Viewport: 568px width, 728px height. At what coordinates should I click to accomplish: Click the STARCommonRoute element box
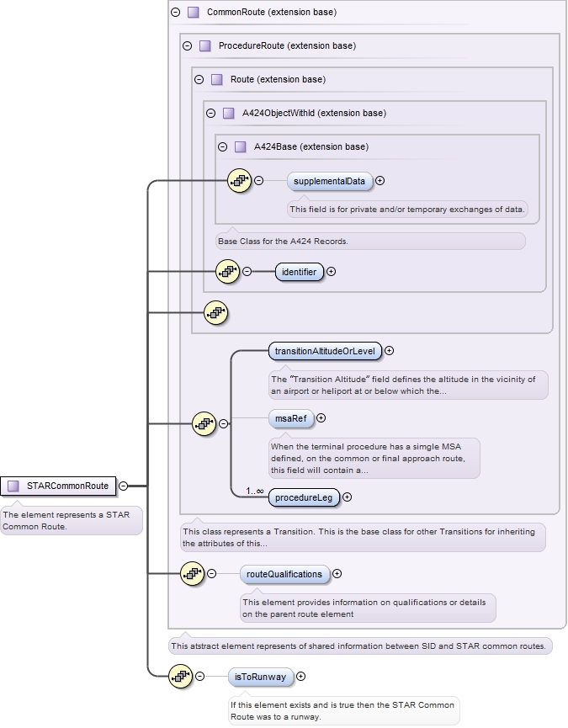(x=59, y=486)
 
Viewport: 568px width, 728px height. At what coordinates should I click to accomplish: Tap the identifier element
(x=299, y=272)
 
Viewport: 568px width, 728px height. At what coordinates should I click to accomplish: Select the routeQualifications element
(x=284, y=574)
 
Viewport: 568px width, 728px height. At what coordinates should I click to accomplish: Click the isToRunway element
(x=260, y=676)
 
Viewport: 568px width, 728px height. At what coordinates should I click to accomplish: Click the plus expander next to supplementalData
(x=380, y=180)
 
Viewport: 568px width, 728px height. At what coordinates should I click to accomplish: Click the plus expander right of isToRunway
(x=301, y=676)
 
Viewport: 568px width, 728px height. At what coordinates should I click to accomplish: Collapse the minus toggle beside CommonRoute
(x=176, y=13)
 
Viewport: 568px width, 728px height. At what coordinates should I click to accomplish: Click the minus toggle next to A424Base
(x=223, y=146)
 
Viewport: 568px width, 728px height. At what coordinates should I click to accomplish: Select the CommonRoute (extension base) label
(x=271, y=13)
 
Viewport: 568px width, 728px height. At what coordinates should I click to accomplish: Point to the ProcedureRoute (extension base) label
(x=287, y=45)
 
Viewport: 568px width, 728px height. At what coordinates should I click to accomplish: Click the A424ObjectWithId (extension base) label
(x=314, y=113)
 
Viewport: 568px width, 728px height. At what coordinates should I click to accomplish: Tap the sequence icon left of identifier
(x=229, y=271)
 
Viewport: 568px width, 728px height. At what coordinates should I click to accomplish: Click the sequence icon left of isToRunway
(x=182, y=676)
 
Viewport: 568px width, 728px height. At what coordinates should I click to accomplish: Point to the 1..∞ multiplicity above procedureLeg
(x=255, y=491)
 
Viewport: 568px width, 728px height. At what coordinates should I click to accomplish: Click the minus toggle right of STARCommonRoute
(x=124, y=486)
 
